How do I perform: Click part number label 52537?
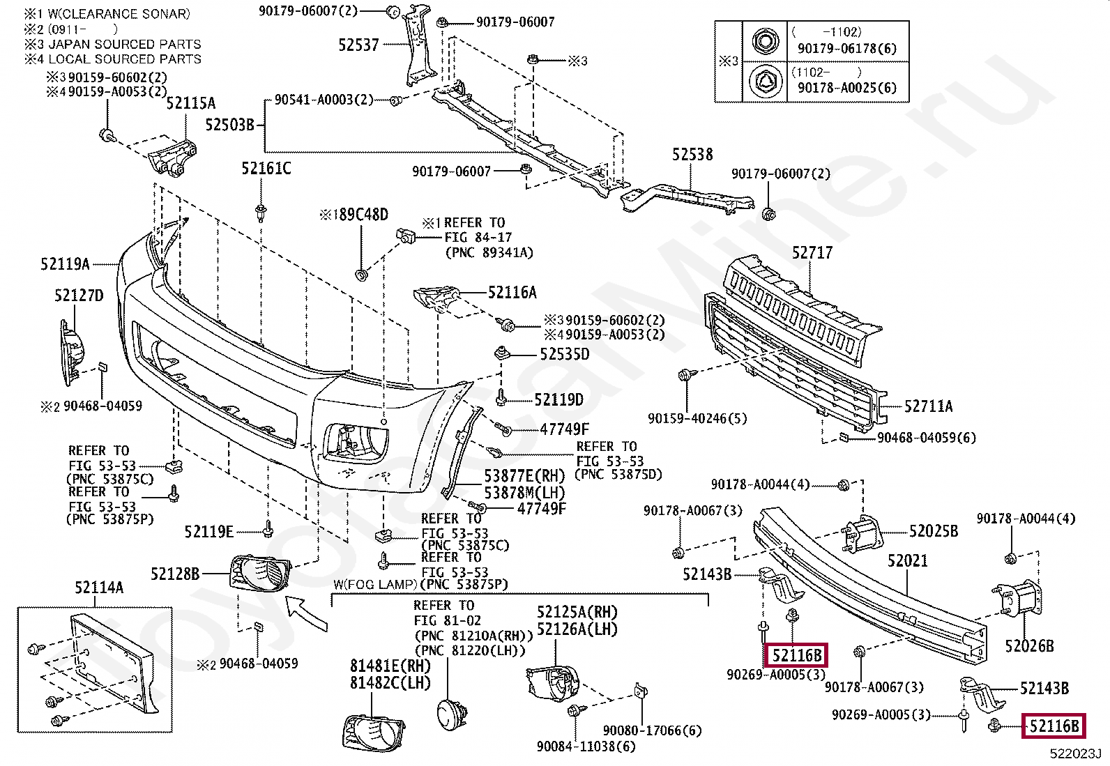tap(359, 45)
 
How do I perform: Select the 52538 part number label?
tap(692, 155)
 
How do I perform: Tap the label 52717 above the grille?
tap(812, 253)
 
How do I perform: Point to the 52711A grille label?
tap(929, 406)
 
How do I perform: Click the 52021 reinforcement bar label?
tap(907, 560)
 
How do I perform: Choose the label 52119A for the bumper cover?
tap(65, 264)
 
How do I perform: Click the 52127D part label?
tap(79, 296)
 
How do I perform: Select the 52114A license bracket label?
tap(99, 588)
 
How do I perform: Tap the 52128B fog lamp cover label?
tap(175, 574)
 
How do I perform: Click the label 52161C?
tap(266, 169)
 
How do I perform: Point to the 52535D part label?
tap(565, 354)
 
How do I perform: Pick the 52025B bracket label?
tap(934, 531)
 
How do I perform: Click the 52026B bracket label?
tap(1029, 646)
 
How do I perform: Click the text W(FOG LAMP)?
tap(375, 585)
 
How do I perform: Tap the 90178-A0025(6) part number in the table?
tap(847, 88)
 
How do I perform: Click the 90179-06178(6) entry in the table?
tap(847, 49)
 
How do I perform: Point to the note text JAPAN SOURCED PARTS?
tap(125, 44)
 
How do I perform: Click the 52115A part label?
tap(191, 103)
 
